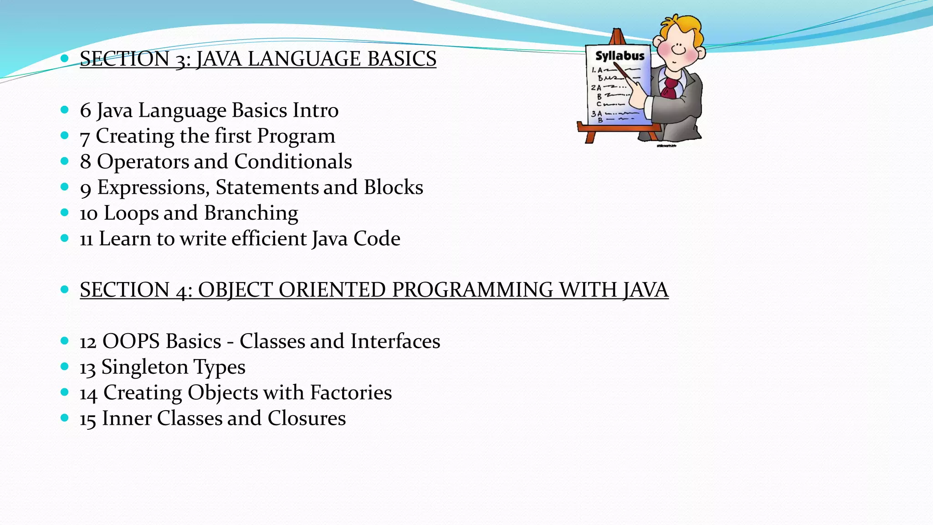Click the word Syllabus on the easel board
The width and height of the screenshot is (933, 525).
tap(620, 56)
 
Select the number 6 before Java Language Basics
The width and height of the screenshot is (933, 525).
tap(85, 111)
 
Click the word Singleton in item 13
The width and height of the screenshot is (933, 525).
tap(144, 367)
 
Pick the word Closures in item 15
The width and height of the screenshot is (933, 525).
tap(307, 418)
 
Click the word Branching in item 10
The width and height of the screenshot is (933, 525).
tap(251, 213)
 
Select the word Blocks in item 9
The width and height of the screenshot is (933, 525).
tap(394, 187)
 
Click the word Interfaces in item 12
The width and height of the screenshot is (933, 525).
tap(395, 341)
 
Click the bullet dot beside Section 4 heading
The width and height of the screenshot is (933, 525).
tap(64, 289)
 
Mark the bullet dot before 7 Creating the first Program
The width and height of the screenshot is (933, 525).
tap(64, 135)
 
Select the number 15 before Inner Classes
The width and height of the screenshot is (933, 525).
tap(87, 419)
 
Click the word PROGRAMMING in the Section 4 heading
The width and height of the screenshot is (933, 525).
tap(472, 290)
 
